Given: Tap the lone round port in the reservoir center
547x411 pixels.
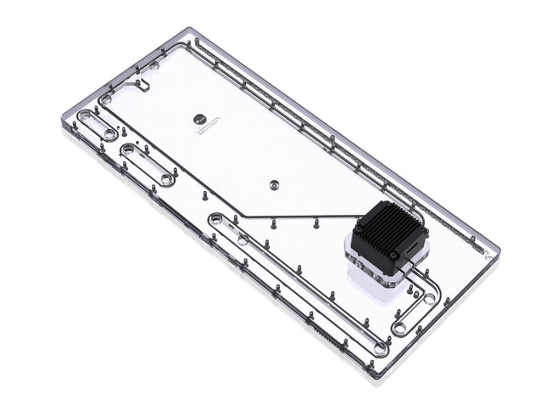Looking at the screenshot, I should [x=273, y=183].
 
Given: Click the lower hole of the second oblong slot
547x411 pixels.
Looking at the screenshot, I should [x=166, y=178].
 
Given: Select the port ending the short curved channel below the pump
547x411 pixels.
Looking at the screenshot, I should [x=399, y=327].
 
